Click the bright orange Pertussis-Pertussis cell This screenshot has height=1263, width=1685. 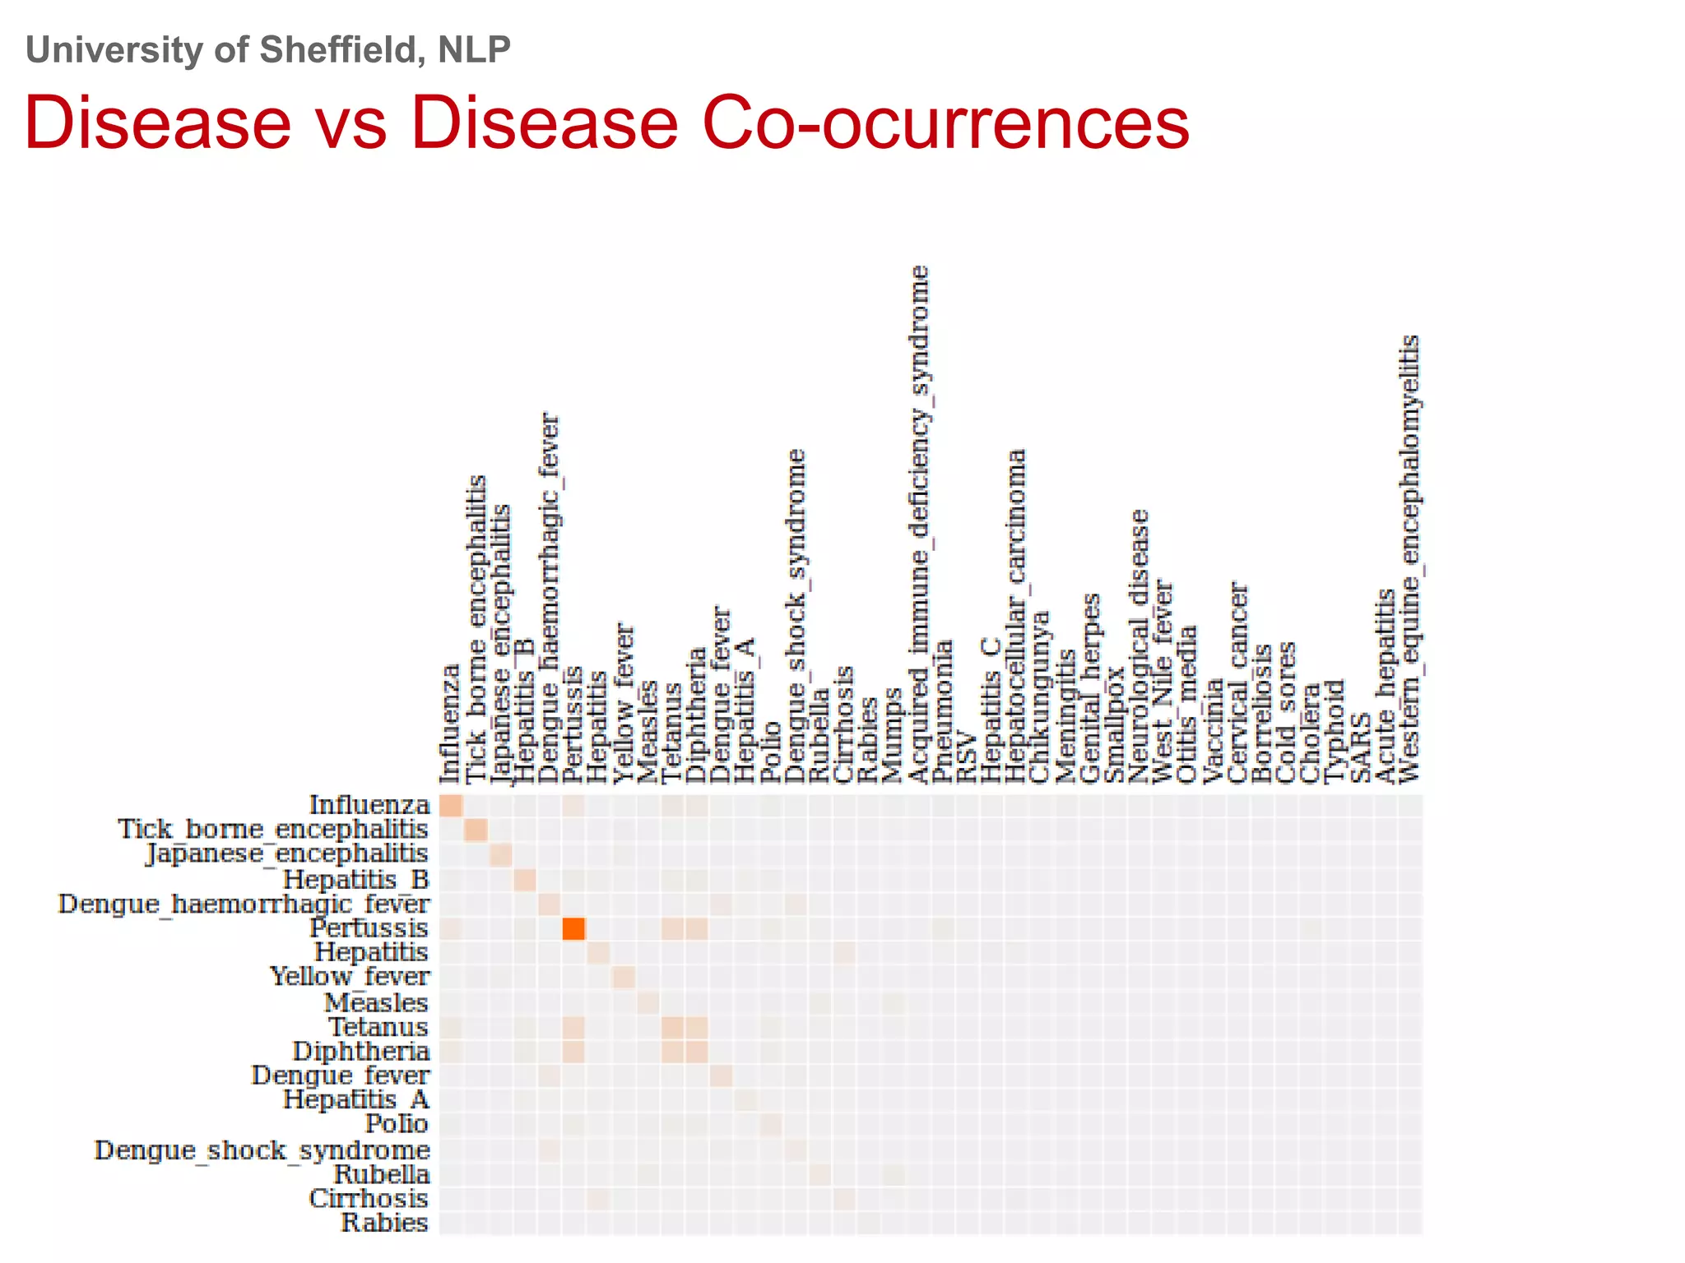[573, 928]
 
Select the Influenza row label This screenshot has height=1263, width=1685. [369, 805]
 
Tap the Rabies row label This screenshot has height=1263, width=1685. [384, 1223]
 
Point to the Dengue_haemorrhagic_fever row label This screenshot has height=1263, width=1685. [244, 904]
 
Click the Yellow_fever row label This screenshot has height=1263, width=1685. [350, 977]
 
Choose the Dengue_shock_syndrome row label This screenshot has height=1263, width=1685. [262, 1150]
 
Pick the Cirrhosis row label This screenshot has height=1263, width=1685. [369, 1199]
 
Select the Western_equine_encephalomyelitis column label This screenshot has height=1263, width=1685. [1410, 559]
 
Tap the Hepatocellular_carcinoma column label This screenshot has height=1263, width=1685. [1017, 617]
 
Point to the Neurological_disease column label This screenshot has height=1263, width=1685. [1139, 645]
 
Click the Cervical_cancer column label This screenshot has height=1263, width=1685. [1238, 682]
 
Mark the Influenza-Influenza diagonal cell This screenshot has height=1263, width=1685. [451, 805]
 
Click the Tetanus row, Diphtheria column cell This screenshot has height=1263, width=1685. [697, 1027]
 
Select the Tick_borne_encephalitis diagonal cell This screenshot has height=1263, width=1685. [476, 830]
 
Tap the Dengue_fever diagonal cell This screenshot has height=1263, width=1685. [722, 1076]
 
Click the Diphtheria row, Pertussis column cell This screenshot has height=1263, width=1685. [573, 1052]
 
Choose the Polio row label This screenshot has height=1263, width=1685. [397, 1124]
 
